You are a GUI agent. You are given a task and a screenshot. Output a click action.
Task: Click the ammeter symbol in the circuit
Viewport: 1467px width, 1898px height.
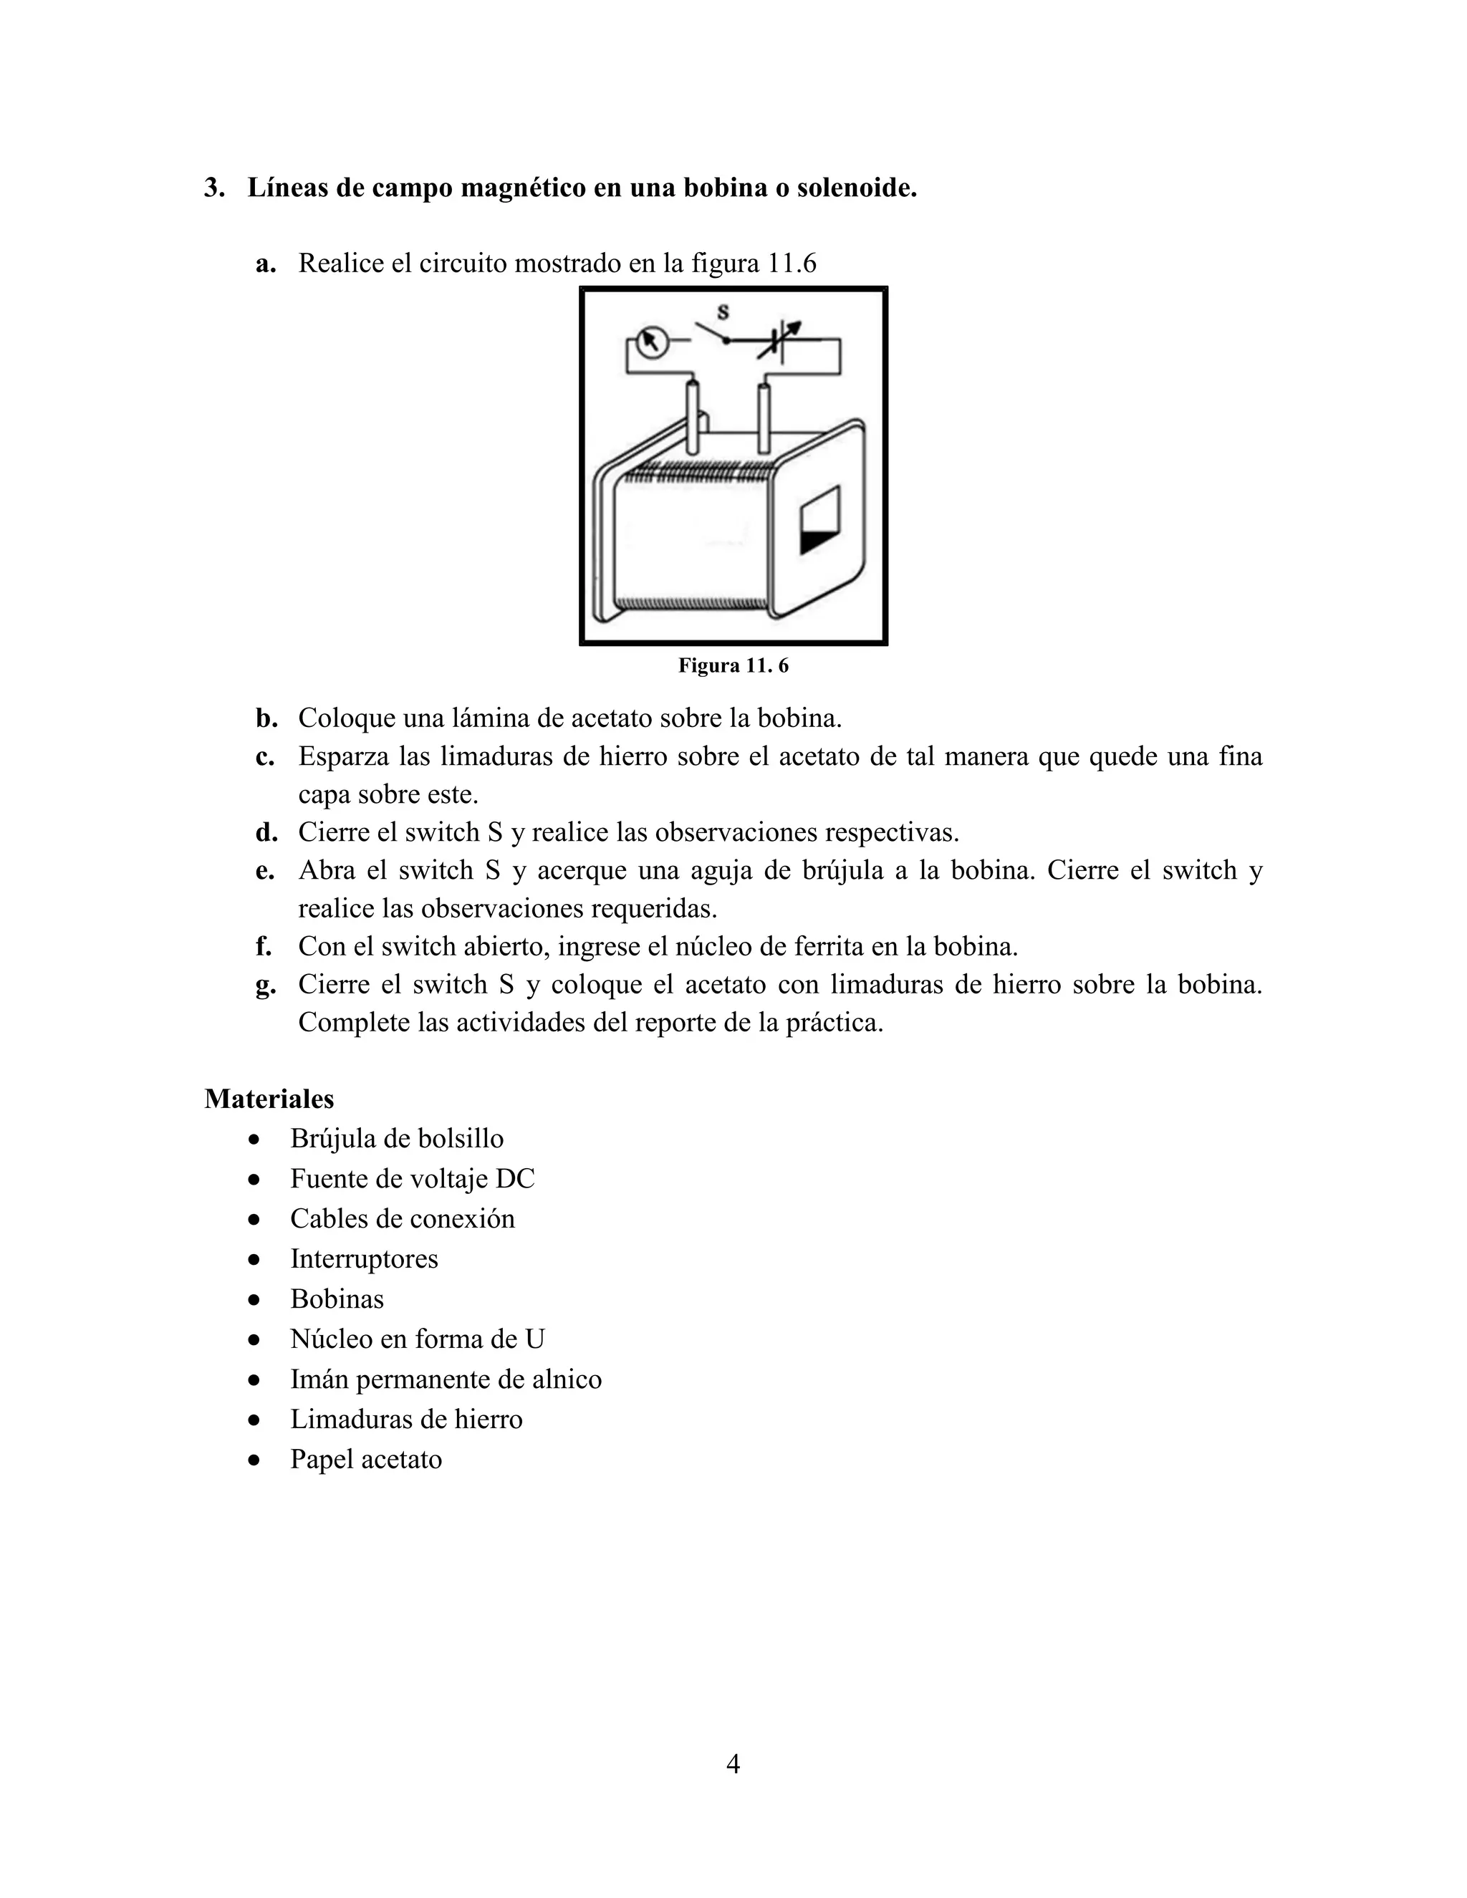[650, 342]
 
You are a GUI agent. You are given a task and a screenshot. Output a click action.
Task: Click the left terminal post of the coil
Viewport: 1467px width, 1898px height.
[693, 417]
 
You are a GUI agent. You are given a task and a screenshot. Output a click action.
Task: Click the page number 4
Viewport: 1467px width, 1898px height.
[733, 1765]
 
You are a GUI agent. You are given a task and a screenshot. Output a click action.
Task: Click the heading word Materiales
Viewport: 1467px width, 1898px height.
[269, 1099]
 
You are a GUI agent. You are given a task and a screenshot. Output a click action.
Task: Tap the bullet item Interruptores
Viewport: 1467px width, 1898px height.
[363, 1259]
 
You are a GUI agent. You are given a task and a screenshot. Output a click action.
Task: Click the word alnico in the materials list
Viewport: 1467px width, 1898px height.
[567, 1379]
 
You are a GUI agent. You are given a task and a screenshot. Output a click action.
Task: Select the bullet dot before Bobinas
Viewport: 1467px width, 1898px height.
[254, 1300]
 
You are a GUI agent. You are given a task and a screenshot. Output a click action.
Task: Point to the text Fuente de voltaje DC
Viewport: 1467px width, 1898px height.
[412, 1180]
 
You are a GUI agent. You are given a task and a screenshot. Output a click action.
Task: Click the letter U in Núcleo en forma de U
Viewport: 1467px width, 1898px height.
[534, 1339]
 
